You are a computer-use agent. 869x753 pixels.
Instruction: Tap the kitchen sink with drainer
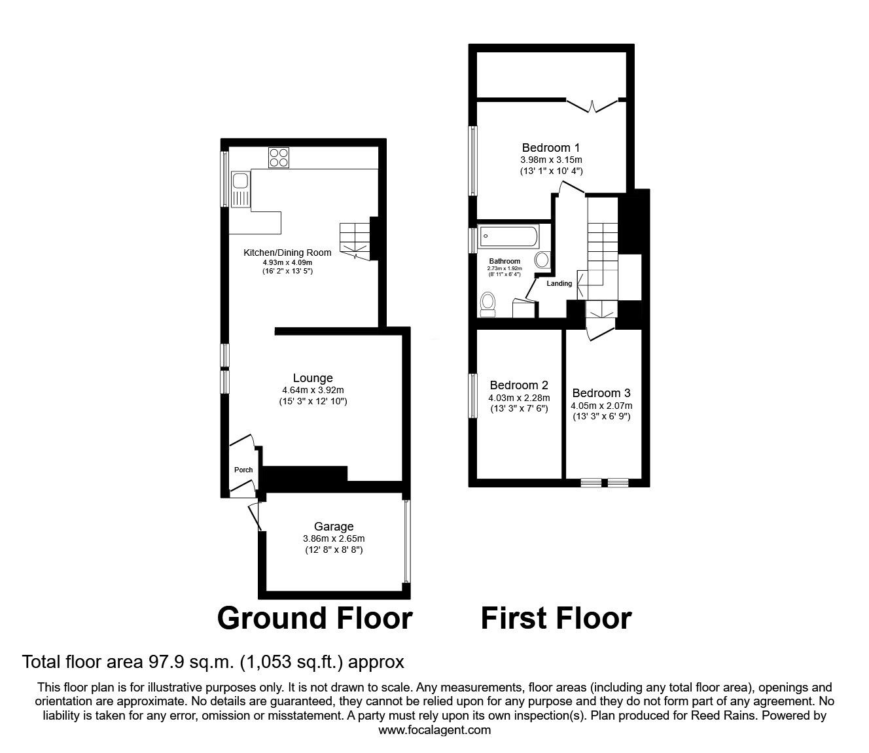point(239,188)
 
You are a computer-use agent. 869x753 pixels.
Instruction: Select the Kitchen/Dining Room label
point(287,253)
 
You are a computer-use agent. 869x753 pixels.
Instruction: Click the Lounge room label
point(313,378)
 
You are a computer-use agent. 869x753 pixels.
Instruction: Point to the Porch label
point(243,470)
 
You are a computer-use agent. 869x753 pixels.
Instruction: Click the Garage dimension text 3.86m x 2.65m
point(333,538)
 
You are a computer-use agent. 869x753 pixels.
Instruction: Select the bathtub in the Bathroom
point(508,235)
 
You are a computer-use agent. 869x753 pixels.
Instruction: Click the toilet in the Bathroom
point(488,304)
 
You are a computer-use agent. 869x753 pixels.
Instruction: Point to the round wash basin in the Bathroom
point(542,260)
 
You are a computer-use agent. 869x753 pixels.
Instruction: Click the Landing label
point(559,283)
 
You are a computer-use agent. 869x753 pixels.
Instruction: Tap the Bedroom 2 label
point(518,385)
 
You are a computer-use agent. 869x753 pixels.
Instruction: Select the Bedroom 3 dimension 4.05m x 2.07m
point(601,405)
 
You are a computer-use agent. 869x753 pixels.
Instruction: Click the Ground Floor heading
point(315,618)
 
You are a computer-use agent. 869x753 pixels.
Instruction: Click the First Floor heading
point(556,618)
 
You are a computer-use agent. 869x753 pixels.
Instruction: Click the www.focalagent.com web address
point(434,730)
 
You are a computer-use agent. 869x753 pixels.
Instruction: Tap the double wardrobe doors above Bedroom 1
point(592,105)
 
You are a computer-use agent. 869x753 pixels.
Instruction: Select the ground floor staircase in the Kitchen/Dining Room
point(354,239)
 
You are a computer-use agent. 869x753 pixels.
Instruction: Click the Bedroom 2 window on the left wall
point(472,394)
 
